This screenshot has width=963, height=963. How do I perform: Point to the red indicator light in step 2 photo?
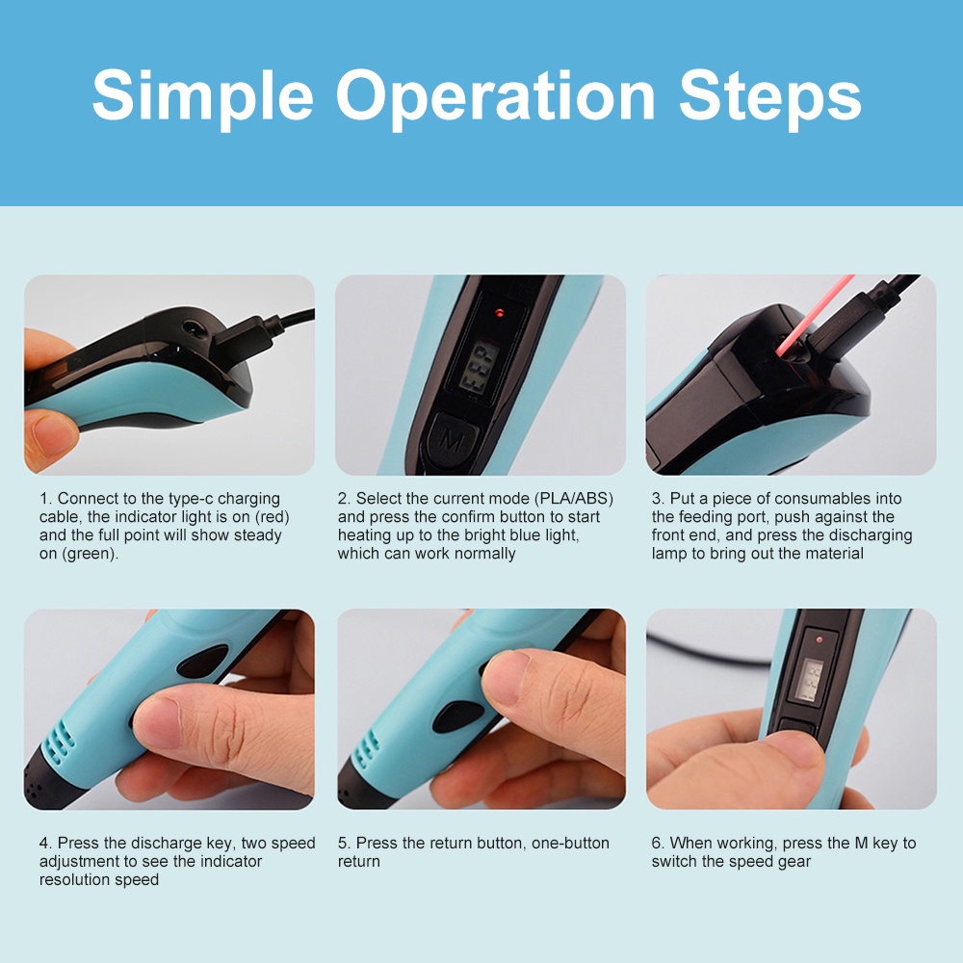[499, 313]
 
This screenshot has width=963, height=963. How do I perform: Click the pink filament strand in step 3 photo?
[814, 315]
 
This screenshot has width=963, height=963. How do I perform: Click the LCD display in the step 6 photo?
[811, 681]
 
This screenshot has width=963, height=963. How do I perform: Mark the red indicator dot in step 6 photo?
[820, 640]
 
